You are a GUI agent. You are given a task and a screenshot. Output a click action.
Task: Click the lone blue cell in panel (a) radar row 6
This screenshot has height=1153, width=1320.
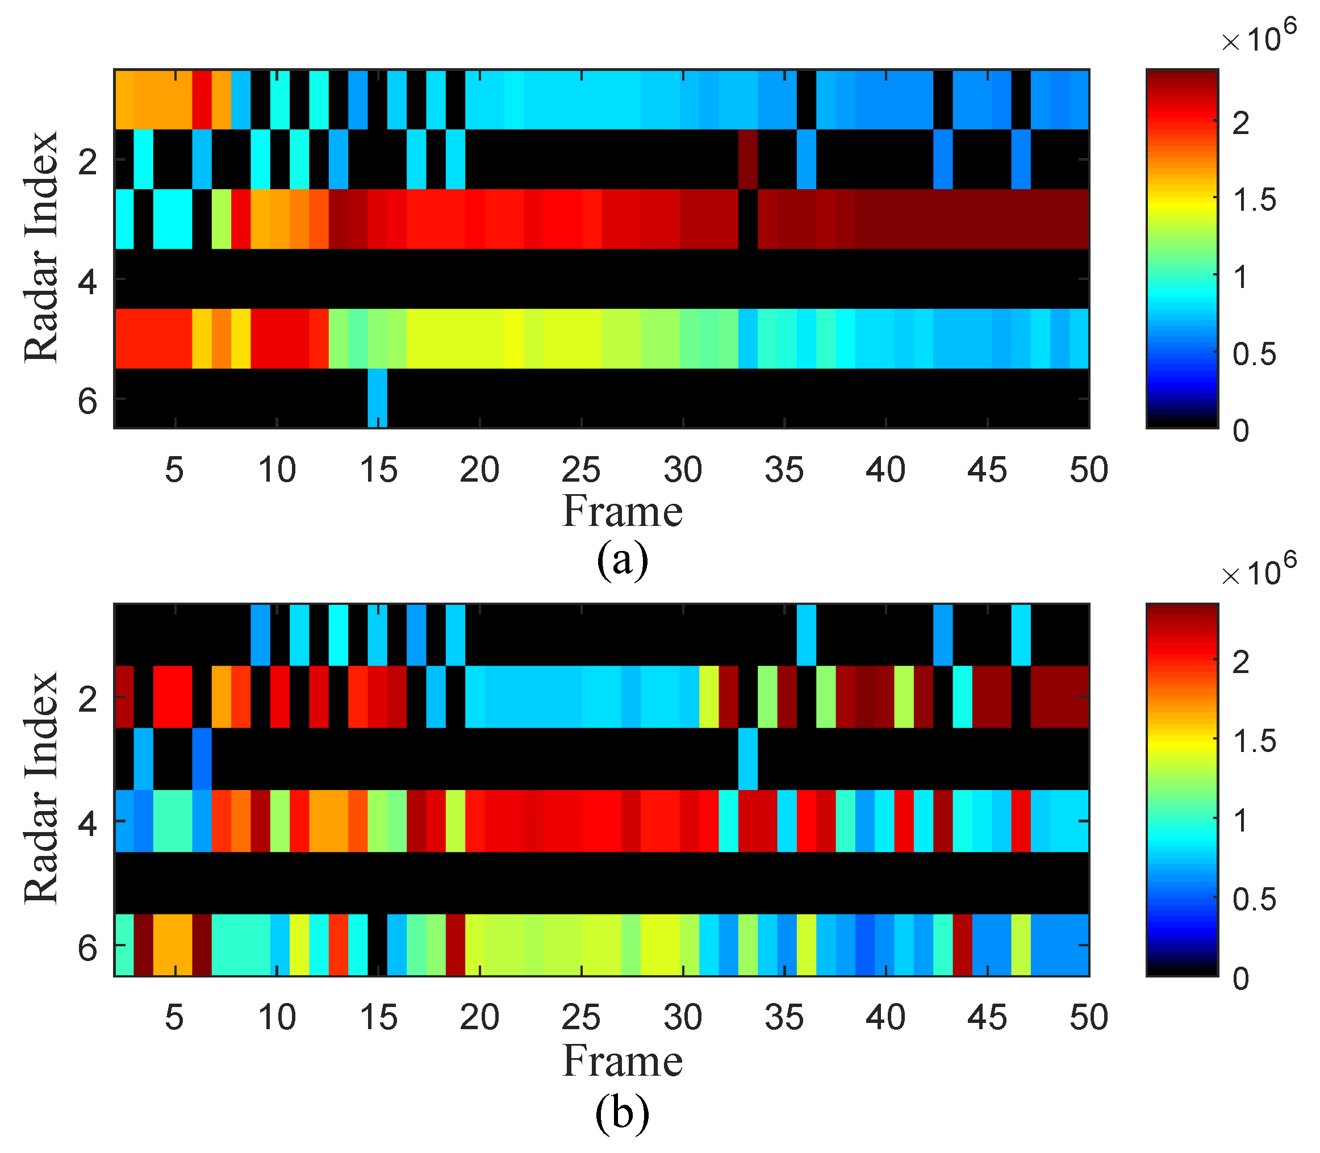coord(377,398)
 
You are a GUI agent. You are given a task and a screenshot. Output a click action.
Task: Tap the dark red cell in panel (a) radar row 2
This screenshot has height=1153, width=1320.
coord(747,159)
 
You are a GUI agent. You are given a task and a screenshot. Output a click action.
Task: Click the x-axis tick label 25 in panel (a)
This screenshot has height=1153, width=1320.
coord(581,470)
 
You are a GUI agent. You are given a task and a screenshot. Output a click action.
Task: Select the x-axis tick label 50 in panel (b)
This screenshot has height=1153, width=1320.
coord(1088,1018)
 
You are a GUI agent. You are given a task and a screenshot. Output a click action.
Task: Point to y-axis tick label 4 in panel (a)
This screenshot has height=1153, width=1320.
coord(87,281)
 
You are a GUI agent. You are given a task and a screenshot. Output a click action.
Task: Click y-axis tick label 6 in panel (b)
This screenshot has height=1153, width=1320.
coord(87,949)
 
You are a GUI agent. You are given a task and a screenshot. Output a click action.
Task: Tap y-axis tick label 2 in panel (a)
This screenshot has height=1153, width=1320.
coord(87,161)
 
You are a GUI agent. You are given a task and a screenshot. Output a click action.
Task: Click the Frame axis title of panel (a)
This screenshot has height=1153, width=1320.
coord(621,512)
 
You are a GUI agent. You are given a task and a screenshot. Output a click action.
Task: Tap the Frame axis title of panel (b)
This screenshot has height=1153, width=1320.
coord(621,1062)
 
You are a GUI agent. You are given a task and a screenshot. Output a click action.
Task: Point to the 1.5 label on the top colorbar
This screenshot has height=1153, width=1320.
coord(1254,200)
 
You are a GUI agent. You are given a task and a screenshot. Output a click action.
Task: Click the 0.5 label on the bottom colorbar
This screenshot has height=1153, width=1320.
coord(1254,900)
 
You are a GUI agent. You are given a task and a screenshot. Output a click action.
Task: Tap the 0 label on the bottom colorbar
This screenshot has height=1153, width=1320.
coord(1241,979)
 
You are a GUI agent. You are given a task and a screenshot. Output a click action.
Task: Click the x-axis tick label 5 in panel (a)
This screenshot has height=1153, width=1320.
coord(174,470)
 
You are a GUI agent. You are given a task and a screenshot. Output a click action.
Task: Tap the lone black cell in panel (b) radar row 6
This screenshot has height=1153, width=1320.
coord(377,945)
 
